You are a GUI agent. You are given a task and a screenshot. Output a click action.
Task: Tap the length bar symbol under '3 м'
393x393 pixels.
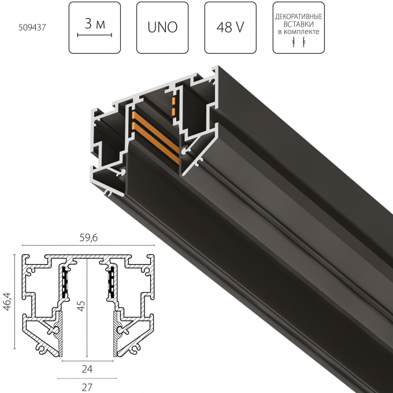coord(94,35)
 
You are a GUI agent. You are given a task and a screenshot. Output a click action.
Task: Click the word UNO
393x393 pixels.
coord(162,27)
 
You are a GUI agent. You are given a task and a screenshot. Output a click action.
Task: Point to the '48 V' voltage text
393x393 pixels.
coord(231,27)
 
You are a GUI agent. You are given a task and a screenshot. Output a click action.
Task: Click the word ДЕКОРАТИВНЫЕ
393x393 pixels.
coord(298,13)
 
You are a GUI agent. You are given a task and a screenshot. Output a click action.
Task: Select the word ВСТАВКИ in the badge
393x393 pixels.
coord(298,21)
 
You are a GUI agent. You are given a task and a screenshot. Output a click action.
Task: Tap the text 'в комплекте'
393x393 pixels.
coord(298,30)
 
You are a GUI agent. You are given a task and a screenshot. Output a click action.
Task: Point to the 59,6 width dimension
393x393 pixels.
coord(88,237)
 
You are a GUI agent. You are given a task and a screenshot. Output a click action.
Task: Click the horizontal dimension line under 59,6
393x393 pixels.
coord(88,245)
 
